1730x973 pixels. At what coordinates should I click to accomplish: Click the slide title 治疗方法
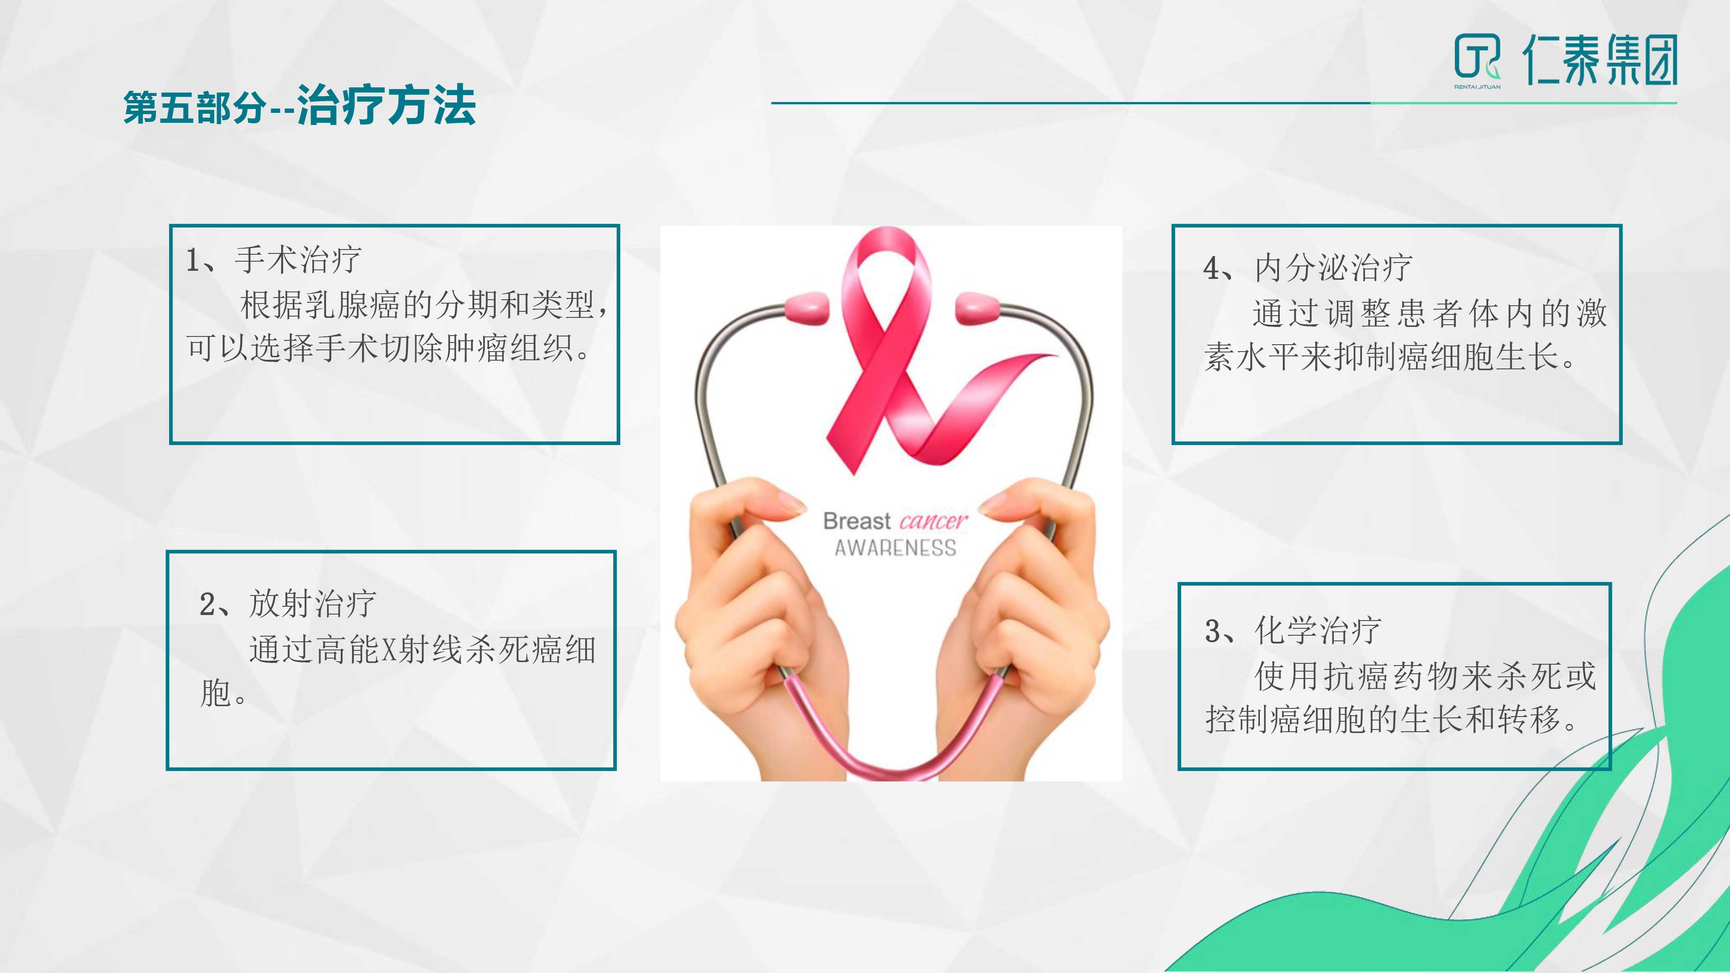coord(387,106)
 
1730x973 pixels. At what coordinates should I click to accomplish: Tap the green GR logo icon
coord(1477,58)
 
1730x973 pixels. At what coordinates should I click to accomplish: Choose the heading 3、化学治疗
coord(1293,631)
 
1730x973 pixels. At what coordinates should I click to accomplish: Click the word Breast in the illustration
coord(857,521)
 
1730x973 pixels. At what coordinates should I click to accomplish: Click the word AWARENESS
coord(895,548)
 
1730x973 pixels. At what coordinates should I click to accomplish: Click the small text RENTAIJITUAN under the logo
coord(1477,86)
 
